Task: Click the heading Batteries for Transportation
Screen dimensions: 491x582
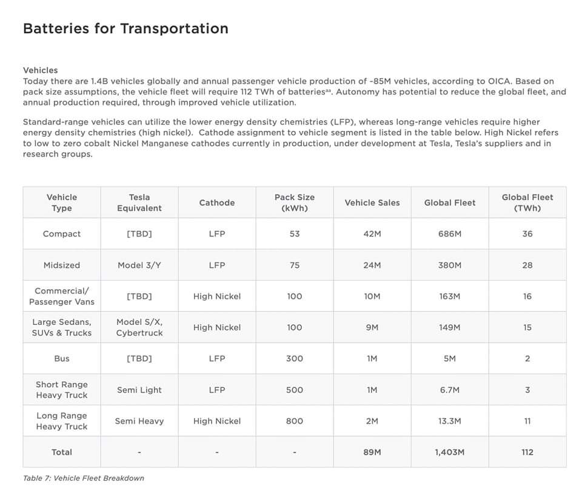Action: (x=125, y=28)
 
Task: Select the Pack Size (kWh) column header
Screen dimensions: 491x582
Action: (x=294, y=202)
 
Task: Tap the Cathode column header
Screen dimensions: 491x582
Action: (x=216, y=202)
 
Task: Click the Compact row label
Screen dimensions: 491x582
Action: (x=62, y=234)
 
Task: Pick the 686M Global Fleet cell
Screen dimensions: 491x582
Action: (x=449, y=234)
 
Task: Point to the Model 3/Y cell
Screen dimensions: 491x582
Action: (x=139, y=265)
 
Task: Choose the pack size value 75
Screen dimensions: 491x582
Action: (x=294, y=265)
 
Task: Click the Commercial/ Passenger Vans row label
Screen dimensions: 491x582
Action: (x=62, y=296)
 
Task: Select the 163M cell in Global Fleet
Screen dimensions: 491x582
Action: (x=449, y=296)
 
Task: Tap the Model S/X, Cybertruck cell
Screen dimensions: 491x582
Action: (x=139, y=327)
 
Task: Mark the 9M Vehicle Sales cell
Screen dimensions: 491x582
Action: (x=372, y=327)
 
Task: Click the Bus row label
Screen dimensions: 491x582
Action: (x=62, y=359)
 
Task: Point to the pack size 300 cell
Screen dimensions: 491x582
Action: (x=294, y=359)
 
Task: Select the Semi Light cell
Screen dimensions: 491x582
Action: (x=139, y=390)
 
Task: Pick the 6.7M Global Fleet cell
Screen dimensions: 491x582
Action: (x=449, y=390)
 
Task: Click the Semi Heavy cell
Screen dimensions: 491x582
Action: (x=139, y=421)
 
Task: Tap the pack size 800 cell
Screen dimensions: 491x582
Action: (x=294, y=421)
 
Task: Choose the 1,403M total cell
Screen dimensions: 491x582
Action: (x=449, y=452)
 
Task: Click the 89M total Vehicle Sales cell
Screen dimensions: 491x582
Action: (x=372, y=452)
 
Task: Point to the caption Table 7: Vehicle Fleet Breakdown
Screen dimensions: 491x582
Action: (x=84, y=478)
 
